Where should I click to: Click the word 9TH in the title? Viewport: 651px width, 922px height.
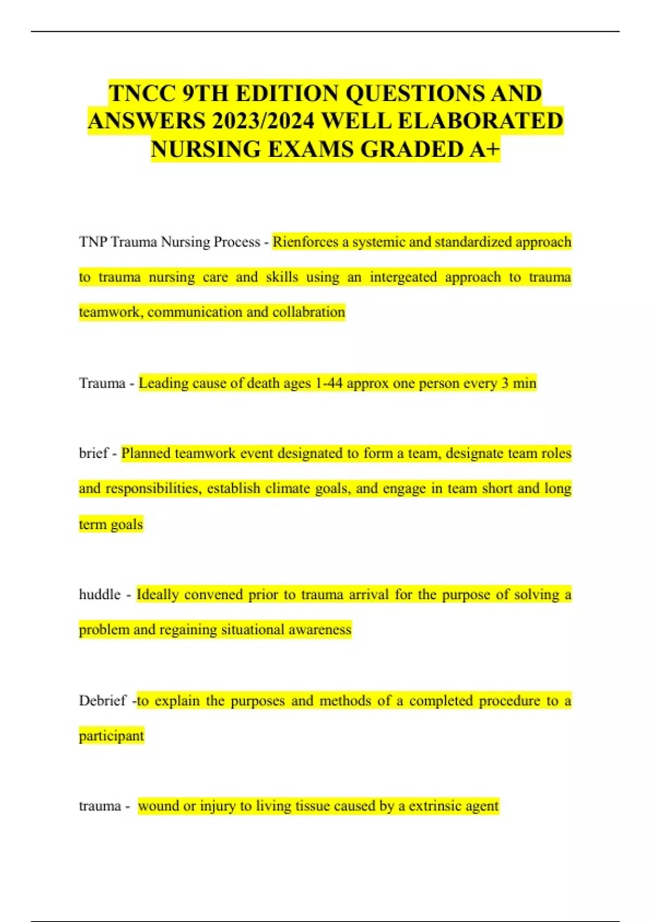pos(205,93)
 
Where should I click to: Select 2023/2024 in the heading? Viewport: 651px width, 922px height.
pos(263,121)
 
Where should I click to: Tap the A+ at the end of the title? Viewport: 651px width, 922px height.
pos(484,149)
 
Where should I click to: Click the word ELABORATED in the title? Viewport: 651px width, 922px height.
pos(480,121)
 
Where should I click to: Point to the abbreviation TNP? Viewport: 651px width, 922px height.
pos(93,242)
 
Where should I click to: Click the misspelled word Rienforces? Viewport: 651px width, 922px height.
pos(305,242)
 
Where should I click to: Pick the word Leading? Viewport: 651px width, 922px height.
pos(162,383)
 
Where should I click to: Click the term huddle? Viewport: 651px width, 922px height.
pos(100,594)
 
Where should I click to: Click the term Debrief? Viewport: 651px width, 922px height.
pos(103,701)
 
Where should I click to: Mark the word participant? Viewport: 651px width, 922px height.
pos(111,736)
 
